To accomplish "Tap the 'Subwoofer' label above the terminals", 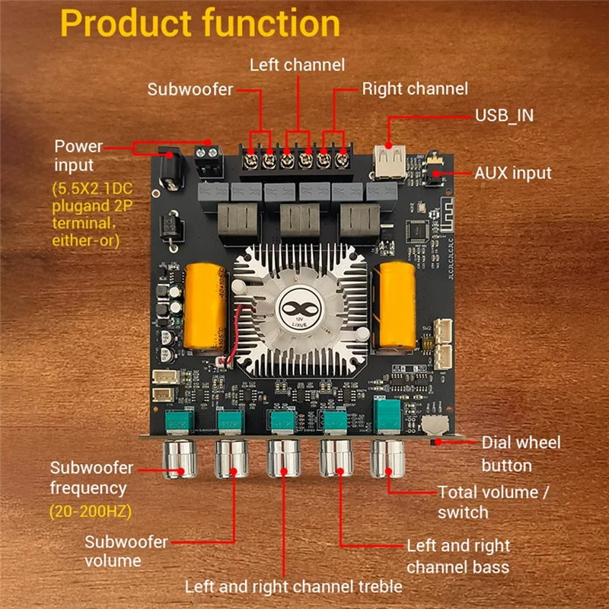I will tap(190, 90).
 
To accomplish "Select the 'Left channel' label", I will tap(297, 65).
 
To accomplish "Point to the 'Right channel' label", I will tap(415, 89).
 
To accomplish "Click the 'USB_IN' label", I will tap(505, 115).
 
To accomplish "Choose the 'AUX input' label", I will tap(512, 173).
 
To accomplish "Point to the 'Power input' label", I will tap(78, 155).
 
